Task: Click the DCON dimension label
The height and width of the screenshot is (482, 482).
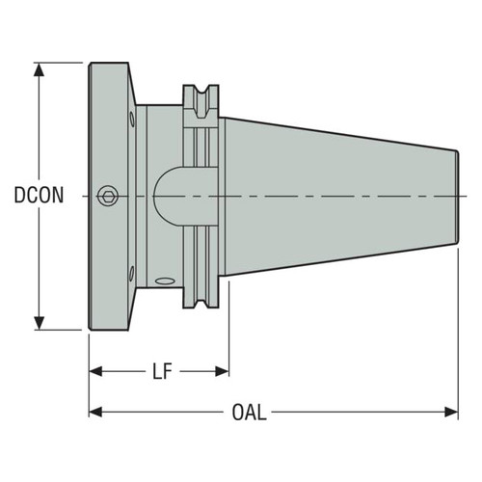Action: point(40,196)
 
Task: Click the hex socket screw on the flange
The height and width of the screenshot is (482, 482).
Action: point(109,195)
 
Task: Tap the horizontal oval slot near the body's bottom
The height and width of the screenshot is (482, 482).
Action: point(165,281)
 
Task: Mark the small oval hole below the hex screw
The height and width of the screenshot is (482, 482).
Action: point(131,271)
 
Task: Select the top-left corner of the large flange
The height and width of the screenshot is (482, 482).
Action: point(91,65)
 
